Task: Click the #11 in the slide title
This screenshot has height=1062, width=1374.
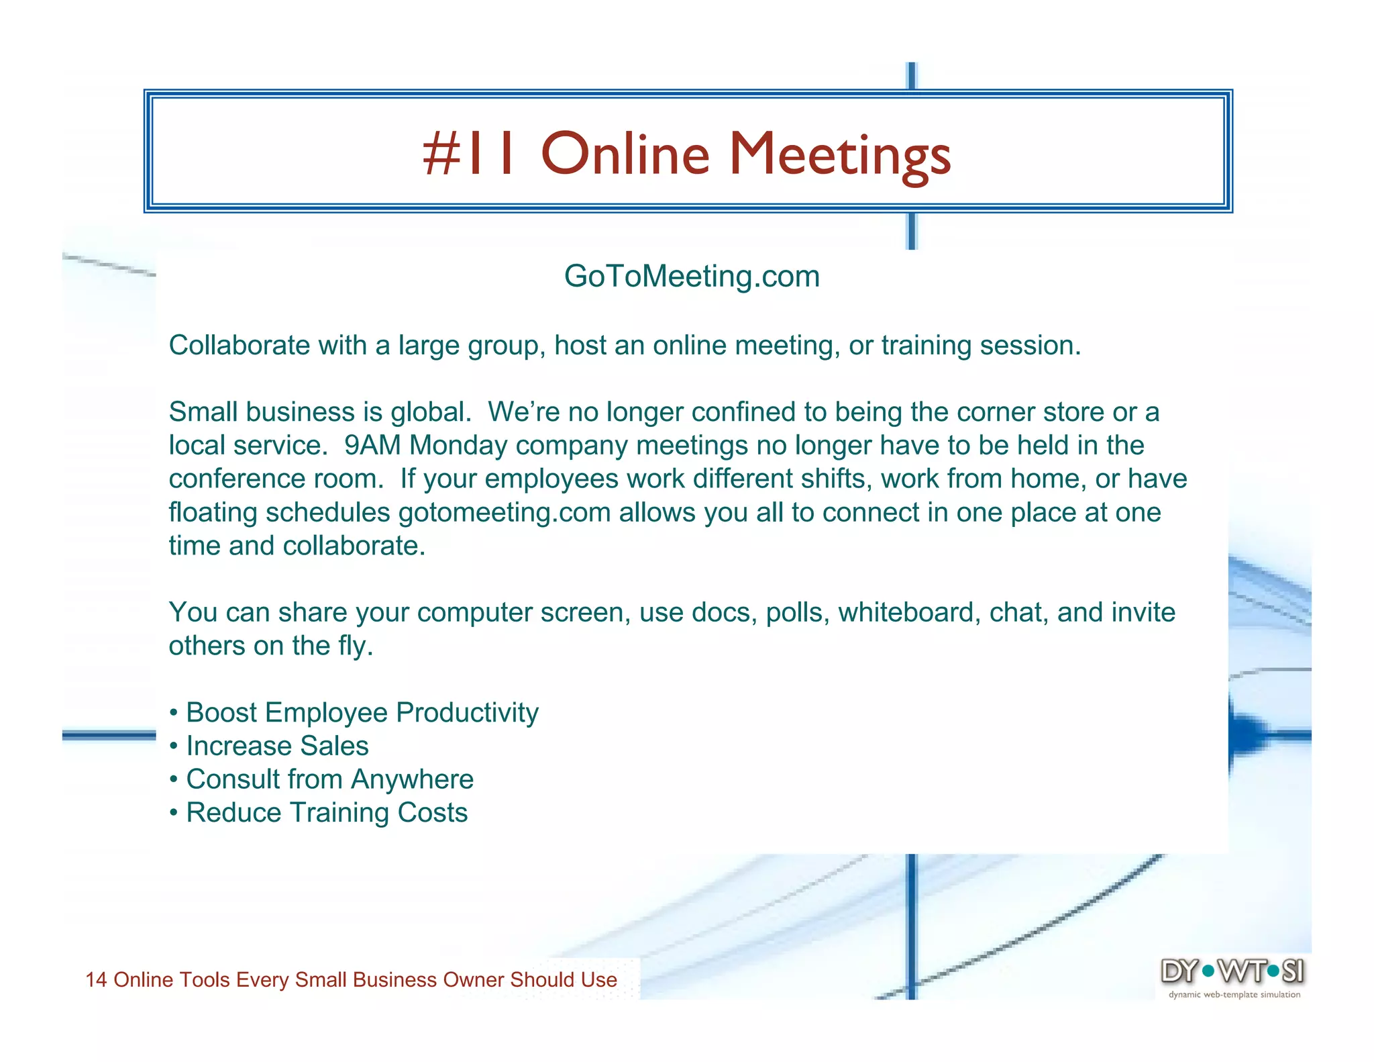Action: coord(470,154)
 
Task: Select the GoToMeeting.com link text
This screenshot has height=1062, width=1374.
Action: coord(692,276)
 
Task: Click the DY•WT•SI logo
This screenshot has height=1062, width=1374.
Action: coord(1232,971)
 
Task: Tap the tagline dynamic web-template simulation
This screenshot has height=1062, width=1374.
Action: coord(1234,995)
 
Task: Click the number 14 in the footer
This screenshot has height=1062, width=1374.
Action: coord(96,979)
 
